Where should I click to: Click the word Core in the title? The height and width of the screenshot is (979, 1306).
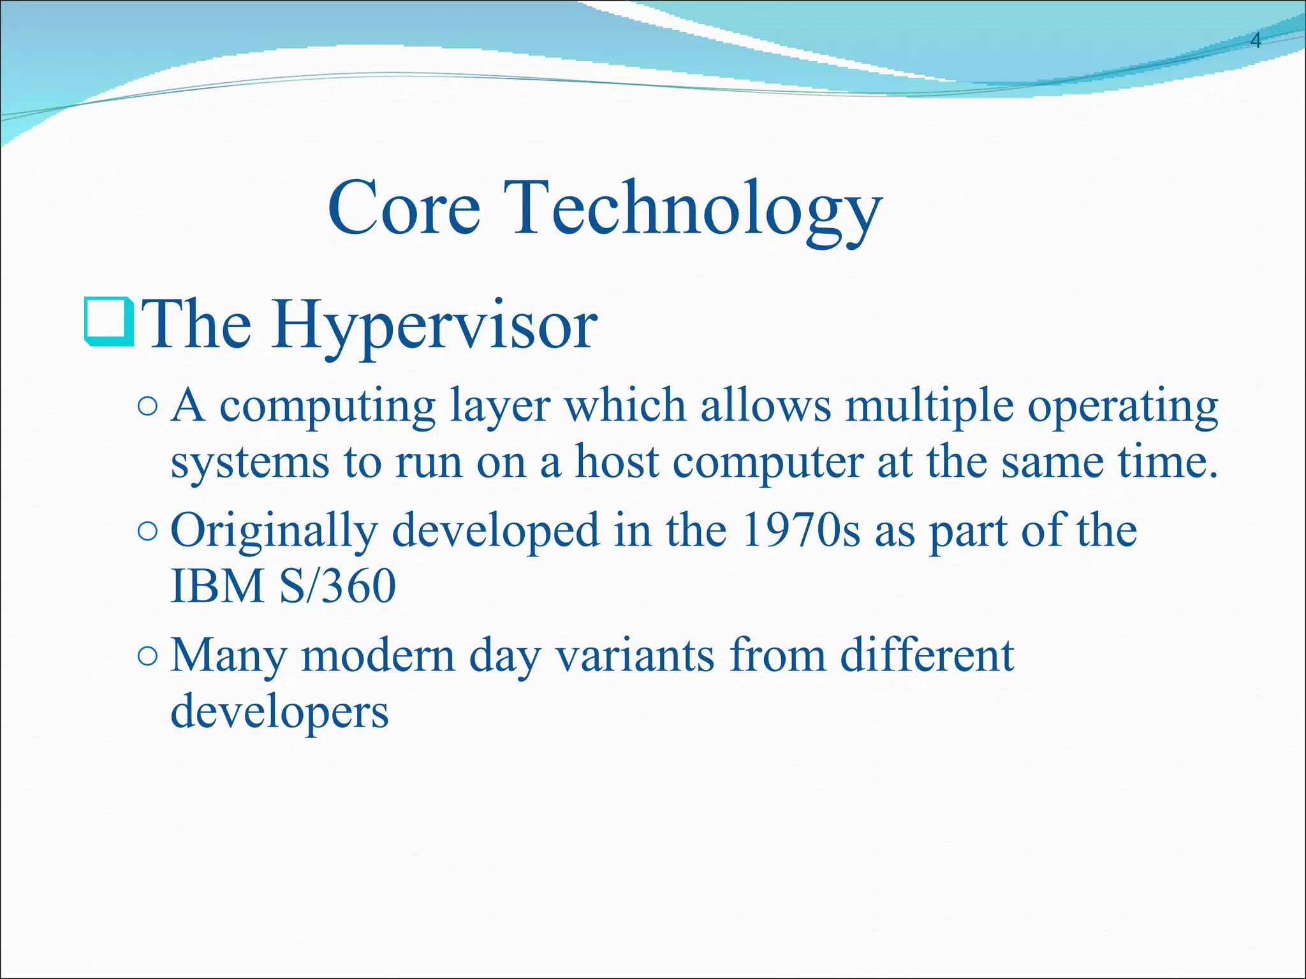click(404, 208)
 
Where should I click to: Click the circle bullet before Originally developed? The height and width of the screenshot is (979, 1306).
click(147, 532)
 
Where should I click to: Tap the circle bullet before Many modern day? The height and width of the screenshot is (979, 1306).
click(147, 656)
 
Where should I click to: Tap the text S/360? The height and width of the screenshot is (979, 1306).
click(337, 586)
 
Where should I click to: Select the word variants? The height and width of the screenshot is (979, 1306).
click(635, 656)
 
